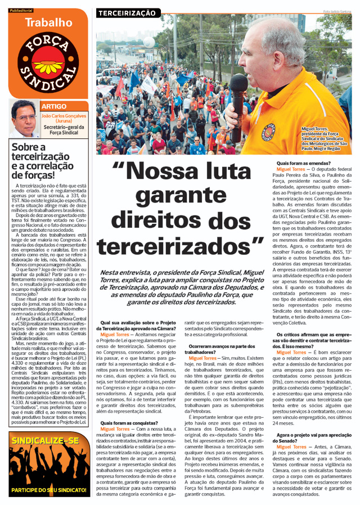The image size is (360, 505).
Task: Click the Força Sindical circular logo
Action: coord(47,63)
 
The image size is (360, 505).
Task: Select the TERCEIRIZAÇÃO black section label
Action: coord(127,12)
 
